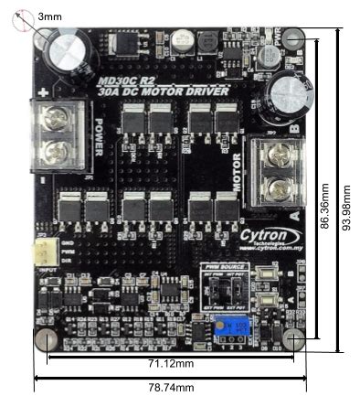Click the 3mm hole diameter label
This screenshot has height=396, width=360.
[52, 16]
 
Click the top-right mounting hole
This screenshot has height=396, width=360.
[292, 38]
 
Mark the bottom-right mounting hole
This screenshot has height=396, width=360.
[293, 338]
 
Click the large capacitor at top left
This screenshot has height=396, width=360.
[69, 48]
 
